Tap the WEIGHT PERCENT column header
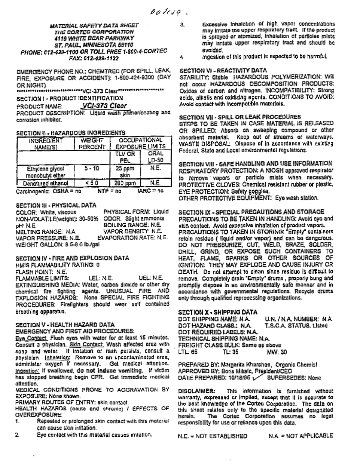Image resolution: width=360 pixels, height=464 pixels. click(x=92, y=144)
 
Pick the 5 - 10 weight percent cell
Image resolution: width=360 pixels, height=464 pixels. click(x=92, y=169)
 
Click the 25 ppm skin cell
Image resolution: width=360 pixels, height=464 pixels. click(x=125, y=172)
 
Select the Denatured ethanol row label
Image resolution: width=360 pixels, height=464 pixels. click(x=46, y=183)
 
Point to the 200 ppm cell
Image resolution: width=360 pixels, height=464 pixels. click(x=125, y=183)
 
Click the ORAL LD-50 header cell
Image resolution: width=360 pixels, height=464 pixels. click(x=155, y=157)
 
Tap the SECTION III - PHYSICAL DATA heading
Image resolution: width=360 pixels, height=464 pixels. click(x=56, y=205)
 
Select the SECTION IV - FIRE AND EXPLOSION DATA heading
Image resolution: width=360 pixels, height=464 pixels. click(x=72, y=258)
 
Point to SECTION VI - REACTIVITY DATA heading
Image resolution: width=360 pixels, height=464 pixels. click(x=223, y=70)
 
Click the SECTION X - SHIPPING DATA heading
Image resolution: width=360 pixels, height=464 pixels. click(x=217, y=312)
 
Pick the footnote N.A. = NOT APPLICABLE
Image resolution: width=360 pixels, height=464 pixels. click(x=300, y=436)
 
